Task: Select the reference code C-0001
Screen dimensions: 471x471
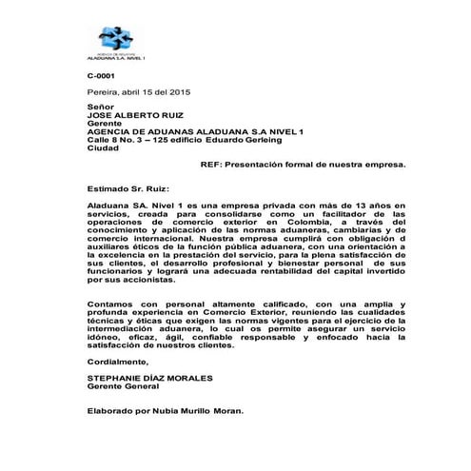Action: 100,74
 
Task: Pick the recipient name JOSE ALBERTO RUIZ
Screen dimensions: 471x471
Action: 138,116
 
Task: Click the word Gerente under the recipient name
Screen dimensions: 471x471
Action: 104,124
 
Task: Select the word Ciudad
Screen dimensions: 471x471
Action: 102,147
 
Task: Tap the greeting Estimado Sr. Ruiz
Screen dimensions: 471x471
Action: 127,187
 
